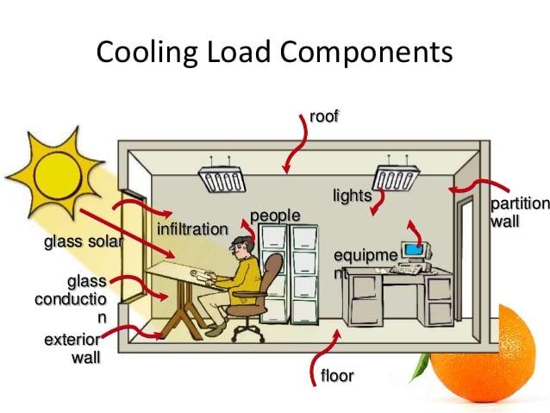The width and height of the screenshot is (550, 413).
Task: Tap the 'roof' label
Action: (x=323, y=116)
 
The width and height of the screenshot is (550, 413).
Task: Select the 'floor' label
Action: (x=337, y=376)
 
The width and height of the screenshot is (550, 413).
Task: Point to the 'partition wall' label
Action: (x=518, y=212)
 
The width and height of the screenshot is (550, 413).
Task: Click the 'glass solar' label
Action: (x=83, y=241)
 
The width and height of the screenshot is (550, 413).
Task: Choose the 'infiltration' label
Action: (x=192, y=229)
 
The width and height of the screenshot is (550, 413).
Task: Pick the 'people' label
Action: (x=275, y=214)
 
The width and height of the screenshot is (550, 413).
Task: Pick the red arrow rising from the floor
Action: (x=327, y=349)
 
